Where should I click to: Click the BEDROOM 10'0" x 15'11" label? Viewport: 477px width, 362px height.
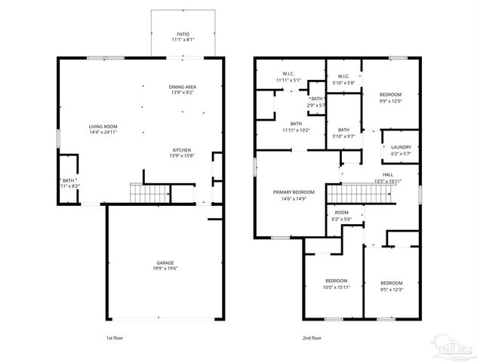(336, 283)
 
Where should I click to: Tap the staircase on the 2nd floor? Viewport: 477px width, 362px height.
(361, 195)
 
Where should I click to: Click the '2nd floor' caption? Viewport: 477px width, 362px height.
(311, 339)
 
